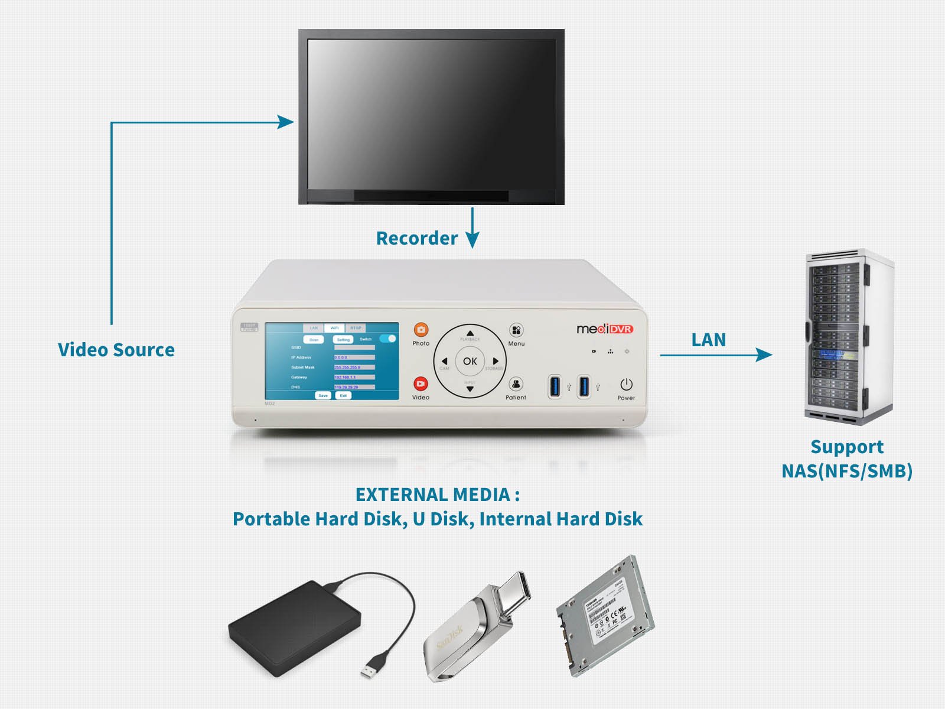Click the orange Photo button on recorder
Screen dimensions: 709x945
pyautogui.click(x=421, y=330)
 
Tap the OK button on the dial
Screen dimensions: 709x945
pyautogui.click(x=470, y=361)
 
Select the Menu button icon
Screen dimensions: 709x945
pyautogui.click(x=516, y=330)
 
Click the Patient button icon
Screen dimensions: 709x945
pyautogui.click(x=516, y=384)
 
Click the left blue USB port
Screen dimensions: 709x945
pyautogui.click(x=555, y=386)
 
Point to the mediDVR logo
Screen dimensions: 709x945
pyautogui.click(x=604, y=329)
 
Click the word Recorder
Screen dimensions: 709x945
pyautogui.click(x=417, y=238)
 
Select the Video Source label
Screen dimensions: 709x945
pyautogui.click(x=116, y=350)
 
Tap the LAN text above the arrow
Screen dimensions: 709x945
pyautogui.click(x=708, y=340)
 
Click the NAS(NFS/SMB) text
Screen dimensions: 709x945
pyautogui.click(x=847, y=471)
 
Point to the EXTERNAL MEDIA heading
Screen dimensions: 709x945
pyautogui.click(x=437, y=495)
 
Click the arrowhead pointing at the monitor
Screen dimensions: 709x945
pyautogui.click(x=286, y=122)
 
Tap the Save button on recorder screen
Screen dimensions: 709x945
pyautogui.click(x=322, y=395)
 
